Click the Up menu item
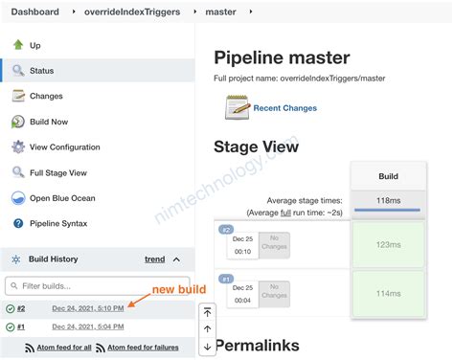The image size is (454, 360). pyautogui.click(x=35, y=45)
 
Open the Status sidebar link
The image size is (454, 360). pyautogui.click(x=42, y=70)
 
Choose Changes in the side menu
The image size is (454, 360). pyautogui.click(x=46, y=96)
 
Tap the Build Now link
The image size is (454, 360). pyautogui.click(x=49, y=122)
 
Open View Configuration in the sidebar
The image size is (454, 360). pyautogui.click(x=64, y=147)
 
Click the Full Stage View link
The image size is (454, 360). pyautogui.click(x=58, y=172)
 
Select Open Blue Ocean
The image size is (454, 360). pyautogui.click(x=62, y=198)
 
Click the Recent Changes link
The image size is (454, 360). pyautogui.click(x=284, y=108)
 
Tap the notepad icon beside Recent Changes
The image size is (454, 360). pyautogui.click(x=238, y=107)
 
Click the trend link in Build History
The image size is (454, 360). pyautogui.click(x=154, y=259)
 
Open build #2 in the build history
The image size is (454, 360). pyautogui.click(x=21, y=308)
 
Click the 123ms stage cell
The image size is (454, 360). pyautogui.click(x=388, y=245)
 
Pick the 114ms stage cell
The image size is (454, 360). pyautogui.click(x=388, y=293)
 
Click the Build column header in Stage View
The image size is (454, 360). pyautogui.click(x=388, y=177)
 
